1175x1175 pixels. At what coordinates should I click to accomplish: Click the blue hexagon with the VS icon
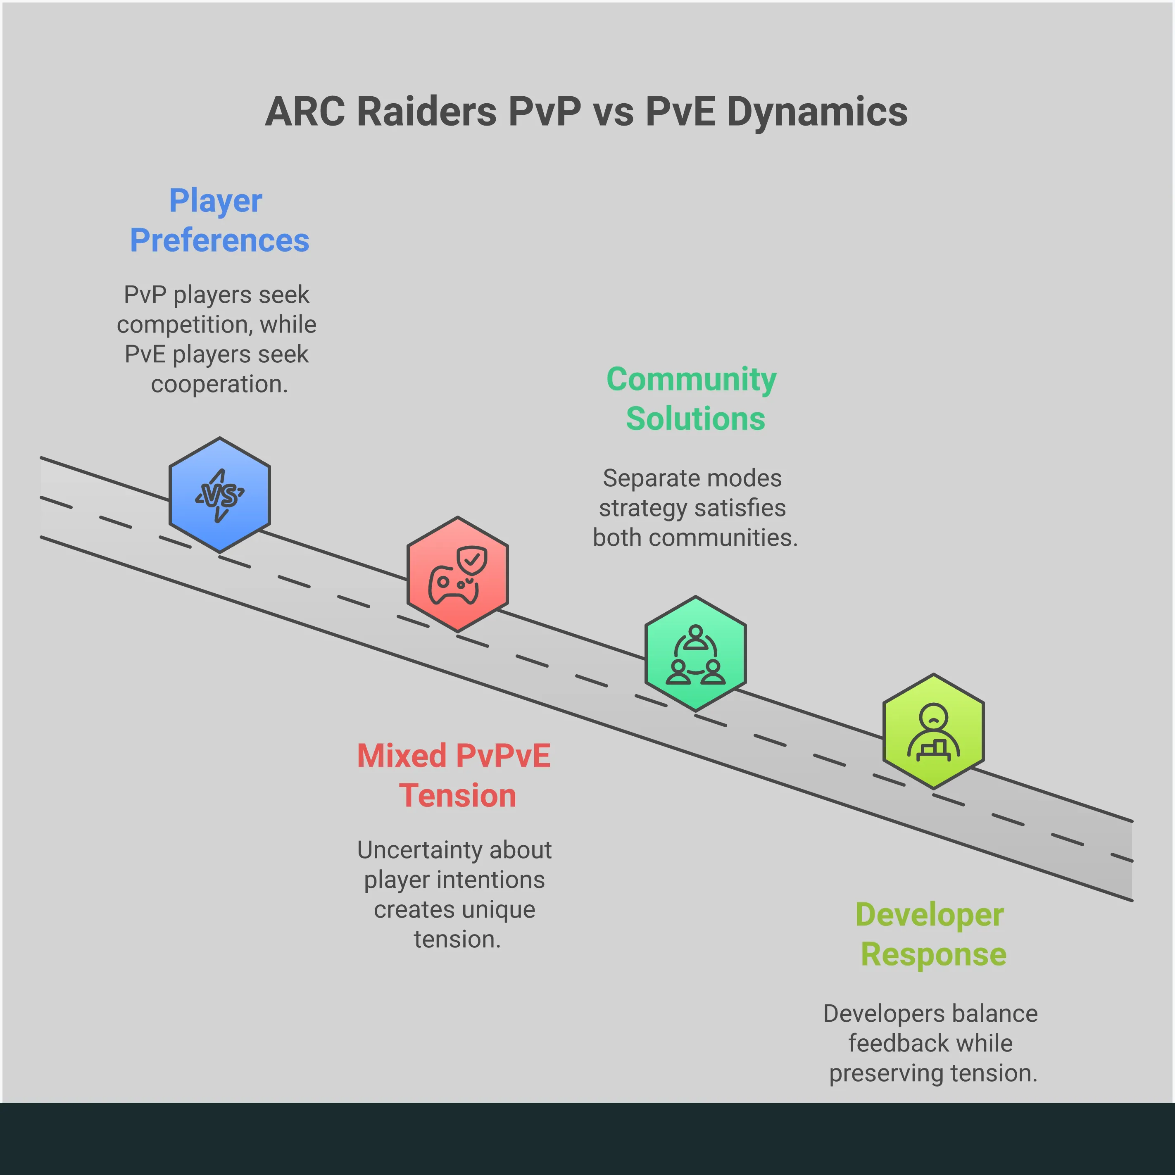pyautogui.click(x=219, y=495)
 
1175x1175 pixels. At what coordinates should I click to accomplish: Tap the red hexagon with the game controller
pyautogui.click(x=457, y=574)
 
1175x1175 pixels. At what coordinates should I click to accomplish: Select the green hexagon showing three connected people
pyautogui.click(x=695, y=653)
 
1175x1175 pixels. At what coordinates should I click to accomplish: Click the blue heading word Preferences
pyautogui.click(x=219, y=240)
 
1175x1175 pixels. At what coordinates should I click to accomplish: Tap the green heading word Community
pyautogui.click(x=692, y=380)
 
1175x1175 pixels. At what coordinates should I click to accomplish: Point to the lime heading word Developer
pyautogui.click(x=929, y=915)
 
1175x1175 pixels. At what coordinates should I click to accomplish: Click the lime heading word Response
pyautogui.click(x=933, y=954)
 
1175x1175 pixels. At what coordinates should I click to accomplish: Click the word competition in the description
pyautogui.click(x=185, y=324)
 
